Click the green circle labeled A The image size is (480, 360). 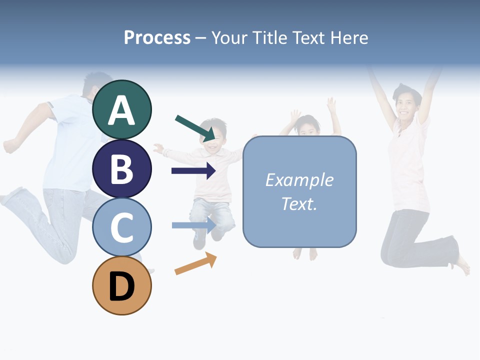[x=121, y=109]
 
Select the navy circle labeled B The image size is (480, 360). [x=121, y=168]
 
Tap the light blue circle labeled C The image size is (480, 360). [x=121, y=227]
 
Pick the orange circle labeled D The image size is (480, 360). [x=121, y=285]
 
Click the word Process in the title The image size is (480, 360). [x=157, y=37]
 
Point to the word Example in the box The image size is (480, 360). [x=299, y=180]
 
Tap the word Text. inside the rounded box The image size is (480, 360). [x=299, y=203]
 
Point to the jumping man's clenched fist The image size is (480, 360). [x=9, y=145]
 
